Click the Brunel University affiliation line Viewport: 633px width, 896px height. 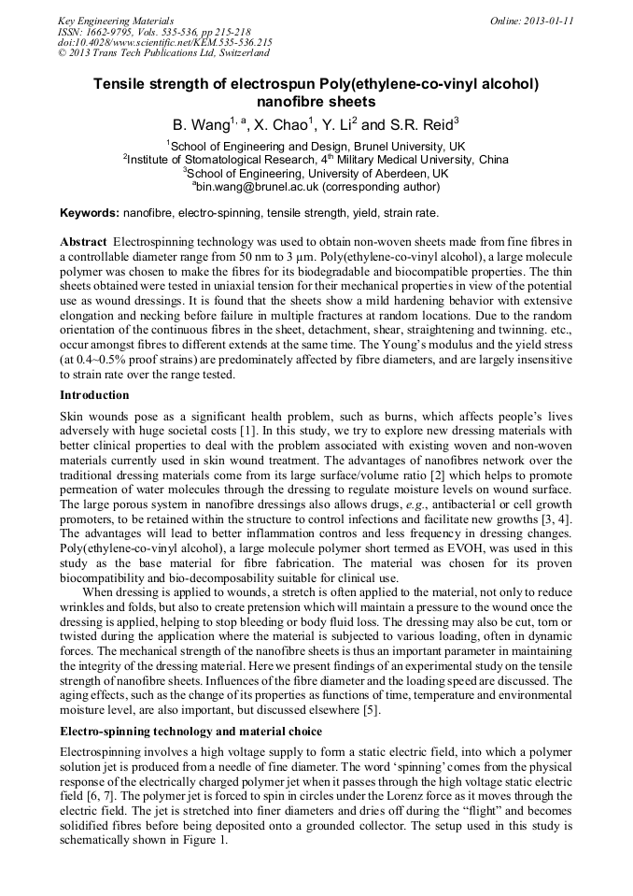point(316,147)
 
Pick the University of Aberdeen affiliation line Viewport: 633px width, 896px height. point(316,173)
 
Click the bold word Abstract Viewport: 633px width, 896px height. point(83,241)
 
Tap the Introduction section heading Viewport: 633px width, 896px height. point(94,395)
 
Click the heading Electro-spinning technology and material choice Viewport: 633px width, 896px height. point(191,731)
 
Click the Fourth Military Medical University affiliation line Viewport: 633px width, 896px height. point(316,160)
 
